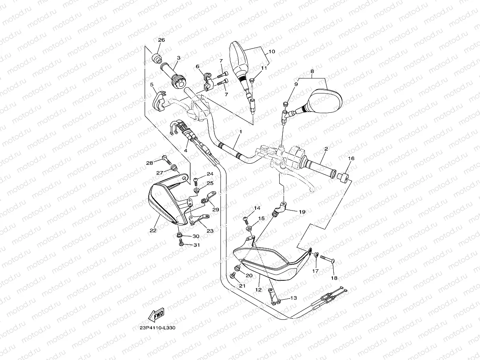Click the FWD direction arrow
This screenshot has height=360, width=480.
coord(156,315)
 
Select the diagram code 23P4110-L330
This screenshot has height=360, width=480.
coord(157,328)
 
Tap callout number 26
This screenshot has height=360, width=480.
coord(161,40)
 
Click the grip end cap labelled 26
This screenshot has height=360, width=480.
coord(156,58)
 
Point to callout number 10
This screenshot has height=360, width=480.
coord(272,52)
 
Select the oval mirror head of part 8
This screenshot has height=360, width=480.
coord(325,101)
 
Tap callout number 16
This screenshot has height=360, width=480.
coord(351,158)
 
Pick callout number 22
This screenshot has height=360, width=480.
coord(153,230)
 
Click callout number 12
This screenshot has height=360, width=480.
coord(258,290)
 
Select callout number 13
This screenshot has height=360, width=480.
coord(293,298)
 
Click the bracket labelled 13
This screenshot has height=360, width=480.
coord(274,297)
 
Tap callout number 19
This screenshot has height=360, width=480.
coord(302,212)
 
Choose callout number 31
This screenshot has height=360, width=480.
coord(196,245)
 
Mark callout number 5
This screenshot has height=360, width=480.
coord(152,85)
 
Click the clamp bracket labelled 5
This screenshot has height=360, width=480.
coord(159,101)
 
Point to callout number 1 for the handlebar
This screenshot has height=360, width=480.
coord(241,132)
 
